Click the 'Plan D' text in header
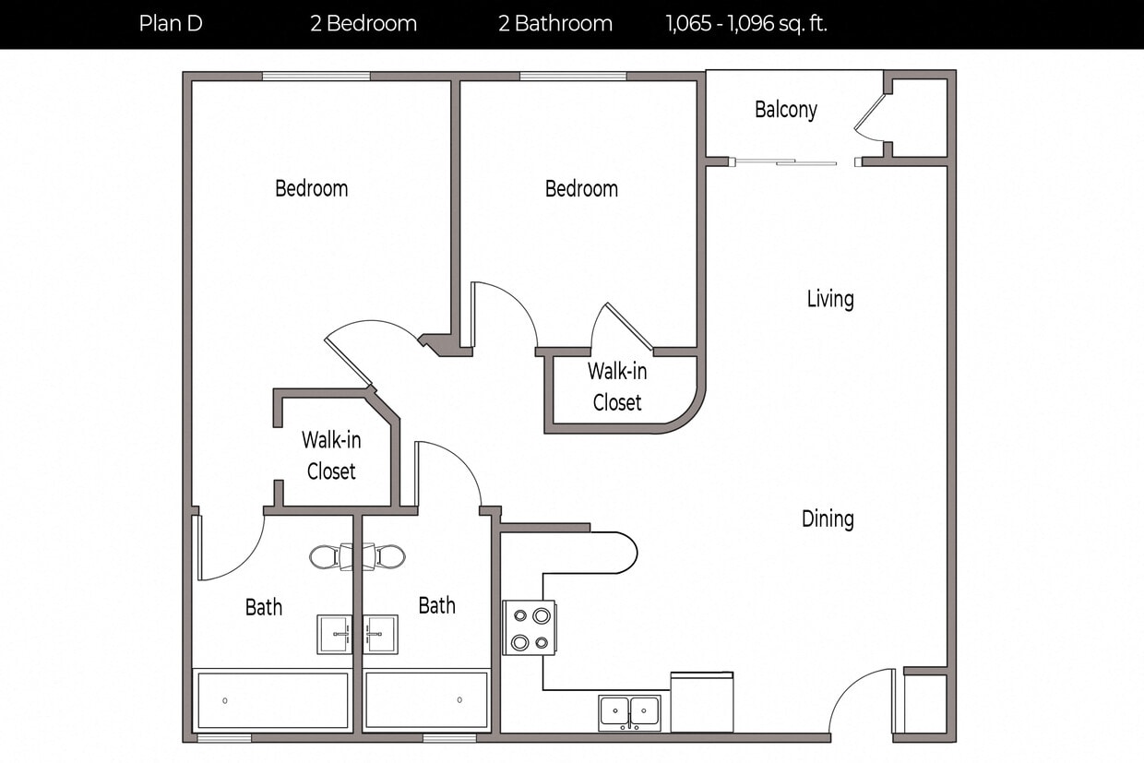[171, 24]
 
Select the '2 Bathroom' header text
[555, 24]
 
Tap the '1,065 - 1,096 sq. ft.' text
[746, 24]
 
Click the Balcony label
[786, 110]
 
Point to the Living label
[830, 299]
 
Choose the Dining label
[828, 519]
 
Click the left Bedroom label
[312, 189]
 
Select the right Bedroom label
[581, 189]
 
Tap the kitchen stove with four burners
[530, 628]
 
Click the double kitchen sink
[629, 712]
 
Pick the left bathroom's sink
[334, 635]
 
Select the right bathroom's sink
[380, 635]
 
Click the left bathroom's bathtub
[273, 700]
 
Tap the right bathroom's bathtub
[426, 700]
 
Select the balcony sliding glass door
[784, 163]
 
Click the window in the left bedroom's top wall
[316, 77]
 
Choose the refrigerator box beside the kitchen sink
[701, 703]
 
